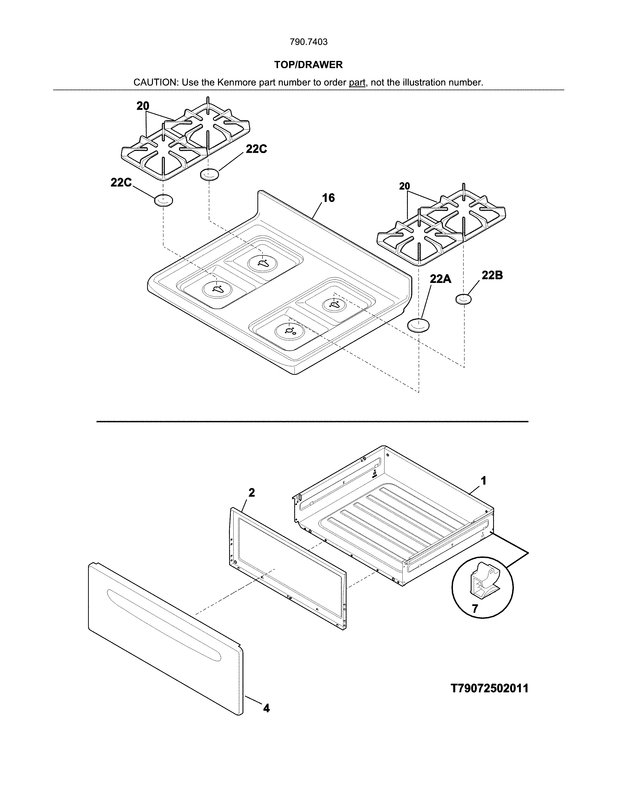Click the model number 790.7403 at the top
pyautogui.click(x=308, y=42)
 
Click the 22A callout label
pyautogui.click(x=440, y=279)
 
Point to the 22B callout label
pyautogui.click(x=492, y=275)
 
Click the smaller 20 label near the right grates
pyautogui.click(x=404, y=186)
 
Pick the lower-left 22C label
pyautogui.click(x=121, y=183)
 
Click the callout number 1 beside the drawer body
pyautogui.click(x=483, y=481)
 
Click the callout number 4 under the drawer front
pyautogui.click(x=266, y=708)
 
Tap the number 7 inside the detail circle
pyautogui.click(x=475, y=608)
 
